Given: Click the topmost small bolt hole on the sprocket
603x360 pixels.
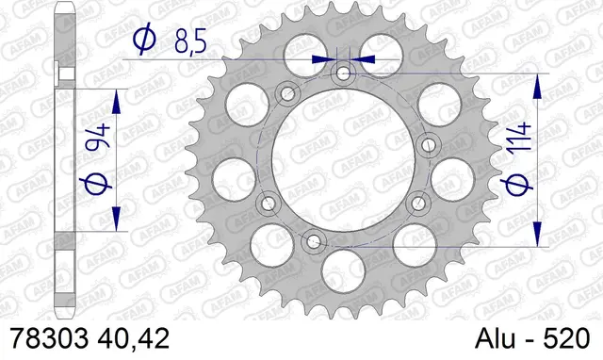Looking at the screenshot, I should pos(343,73).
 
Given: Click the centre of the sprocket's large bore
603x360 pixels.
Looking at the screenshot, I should pos(343,158).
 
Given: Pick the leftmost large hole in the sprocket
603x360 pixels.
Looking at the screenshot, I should pos(231,174).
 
